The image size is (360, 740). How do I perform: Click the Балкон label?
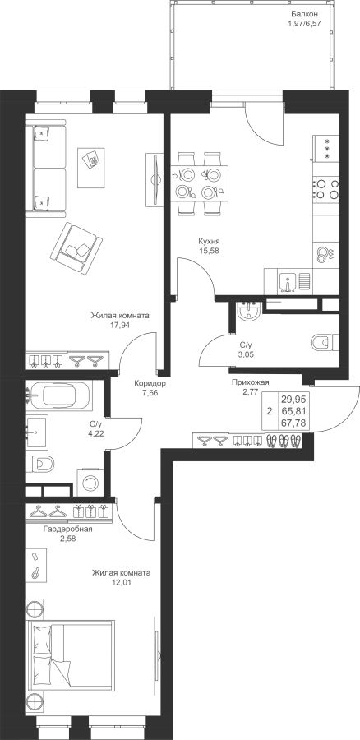point(301,14)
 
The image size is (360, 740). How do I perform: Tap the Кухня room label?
point(208,242)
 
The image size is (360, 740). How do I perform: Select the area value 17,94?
point(120,325)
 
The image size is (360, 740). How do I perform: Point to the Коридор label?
point(150,383)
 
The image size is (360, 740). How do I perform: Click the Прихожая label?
point(250,382)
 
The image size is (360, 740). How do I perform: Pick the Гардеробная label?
point(67,529)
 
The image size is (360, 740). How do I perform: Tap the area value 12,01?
point(121,582)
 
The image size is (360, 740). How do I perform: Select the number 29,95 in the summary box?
point(294,400)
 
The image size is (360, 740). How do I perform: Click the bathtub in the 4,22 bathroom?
point(58,396)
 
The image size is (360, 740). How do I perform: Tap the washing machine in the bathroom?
point(89,482)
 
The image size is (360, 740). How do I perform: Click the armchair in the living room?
point(76,247)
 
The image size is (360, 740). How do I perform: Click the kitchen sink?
point(288,282)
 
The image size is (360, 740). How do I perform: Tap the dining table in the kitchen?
point(199,183)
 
